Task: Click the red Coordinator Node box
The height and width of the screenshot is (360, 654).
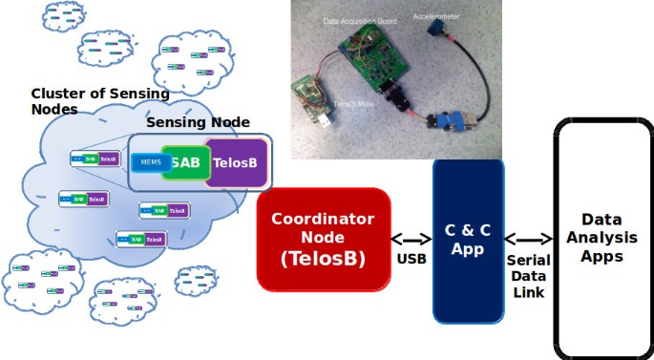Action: [324, 239]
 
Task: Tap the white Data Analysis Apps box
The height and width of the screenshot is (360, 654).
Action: [601, 239]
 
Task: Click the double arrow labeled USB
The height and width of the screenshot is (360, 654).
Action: [411, 240]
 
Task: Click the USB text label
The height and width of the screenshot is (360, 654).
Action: [411, 259]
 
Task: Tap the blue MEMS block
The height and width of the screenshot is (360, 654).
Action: [150, 162]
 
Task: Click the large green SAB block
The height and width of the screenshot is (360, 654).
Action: [185, 161]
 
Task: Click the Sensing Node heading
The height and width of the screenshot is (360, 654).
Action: [198, 122]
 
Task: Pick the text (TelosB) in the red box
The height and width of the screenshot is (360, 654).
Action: [324, 258]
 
